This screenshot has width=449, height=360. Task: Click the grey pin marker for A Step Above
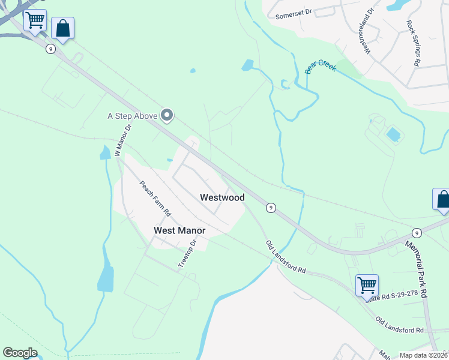click(x=167, y=115)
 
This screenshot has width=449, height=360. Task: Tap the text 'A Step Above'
click(x=132, y=116)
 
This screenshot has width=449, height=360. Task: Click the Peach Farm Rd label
click(x=155, y=199)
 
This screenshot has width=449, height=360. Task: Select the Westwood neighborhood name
click(x=222, y=197)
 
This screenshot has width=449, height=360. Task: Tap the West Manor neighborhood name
click(x=179, y=230)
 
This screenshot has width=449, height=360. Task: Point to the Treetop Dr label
click(x=188, y=254)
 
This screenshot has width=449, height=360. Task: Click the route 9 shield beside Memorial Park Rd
click(x=416, y=232)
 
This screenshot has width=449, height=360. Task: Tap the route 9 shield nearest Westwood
click(x=271, y=208)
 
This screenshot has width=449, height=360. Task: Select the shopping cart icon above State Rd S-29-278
click(x=366, y=284)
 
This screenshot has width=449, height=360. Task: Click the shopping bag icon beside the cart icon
click(x=62, y=28)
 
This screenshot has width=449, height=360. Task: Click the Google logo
click(x=20, y=353)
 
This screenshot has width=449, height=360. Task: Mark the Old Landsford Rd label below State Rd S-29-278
click(x=399, y=326)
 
